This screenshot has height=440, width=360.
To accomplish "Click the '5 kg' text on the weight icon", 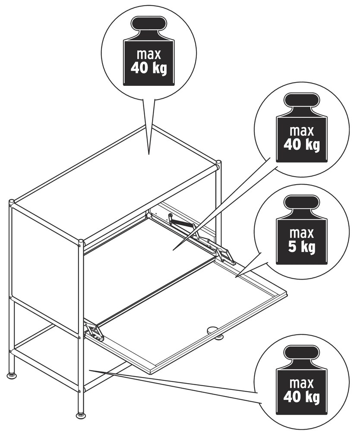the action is coord(302,247).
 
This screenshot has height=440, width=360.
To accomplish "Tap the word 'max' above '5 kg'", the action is coord(302,233).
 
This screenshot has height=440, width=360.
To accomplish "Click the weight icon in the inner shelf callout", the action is coord(302,128).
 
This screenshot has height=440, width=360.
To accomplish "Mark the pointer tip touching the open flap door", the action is coord(236,277).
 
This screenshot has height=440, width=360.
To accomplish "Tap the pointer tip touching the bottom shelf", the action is coord(89,371).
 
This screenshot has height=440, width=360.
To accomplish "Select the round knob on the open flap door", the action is coord(213,329).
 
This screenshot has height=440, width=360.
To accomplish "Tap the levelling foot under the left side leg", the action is coord(12,374).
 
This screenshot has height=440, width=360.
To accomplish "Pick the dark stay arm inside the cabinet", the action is coord(183,223).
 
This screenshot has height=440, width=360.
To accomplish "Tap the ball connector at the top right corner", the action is coord(218,163).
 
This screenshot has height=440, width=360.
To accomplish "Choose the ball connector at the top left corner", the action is coord(12,202).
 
